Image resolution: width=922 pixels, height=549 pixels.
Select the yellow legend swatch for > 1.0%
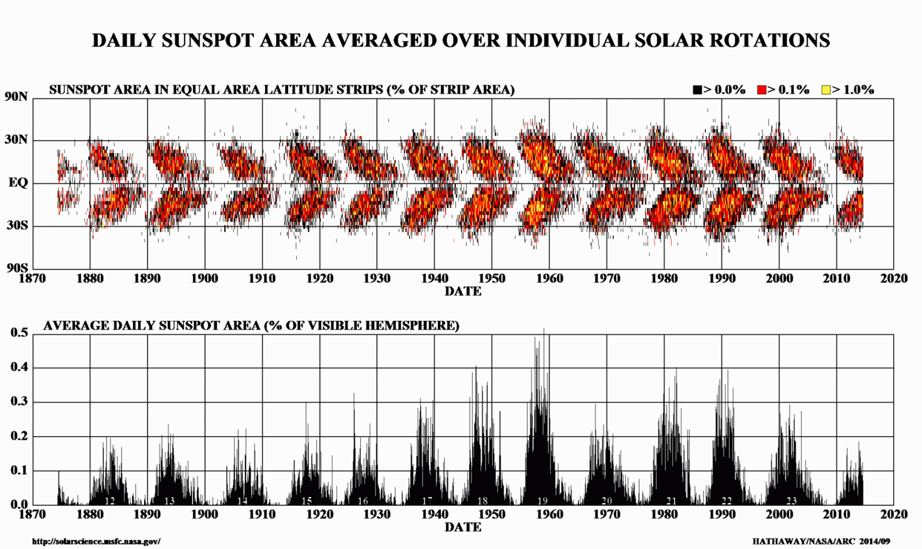pos(826,90)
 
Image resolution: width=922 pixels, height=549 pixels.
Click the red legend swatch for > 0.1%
pos(761,90)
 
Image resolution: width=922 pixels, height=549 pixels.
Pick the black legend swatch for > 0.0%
pos(697,90)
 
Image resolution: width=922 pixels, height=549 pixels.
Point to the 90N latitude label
pos(16,97)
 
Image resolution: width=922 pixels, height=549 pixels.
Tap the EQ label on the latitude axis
pos(18,183)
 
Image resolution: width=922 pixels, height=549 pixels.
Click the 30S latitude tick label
pos(17,225)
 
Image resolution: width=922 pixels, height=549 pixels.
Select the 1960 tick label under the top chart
pos(549,279)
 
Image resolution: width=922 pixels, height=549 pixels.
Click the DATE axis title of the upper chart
pos(463,291)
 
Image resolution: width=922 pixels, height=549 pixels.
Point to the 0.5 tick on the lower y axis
pos(19,333)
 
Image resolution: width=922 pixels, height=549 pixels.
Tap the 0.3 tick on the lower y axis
pos(19,402)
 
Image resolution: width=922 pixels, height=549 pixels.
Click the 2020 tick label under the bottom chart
pos(894,514)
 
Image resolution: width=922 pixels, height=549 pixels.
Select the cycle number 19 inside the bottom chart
pos(542,501)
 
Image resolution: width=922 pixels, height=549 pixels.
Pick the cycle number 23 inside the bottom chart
pos(791,501)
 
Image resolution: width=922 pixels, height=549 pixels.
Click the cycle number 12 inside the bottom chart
pos(109,501)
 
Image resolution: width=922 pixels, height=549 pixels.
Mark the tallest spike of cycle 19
pos(543,330)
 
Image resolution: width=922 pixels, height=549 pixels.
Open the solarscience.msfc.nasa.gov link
pos(96,542)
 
